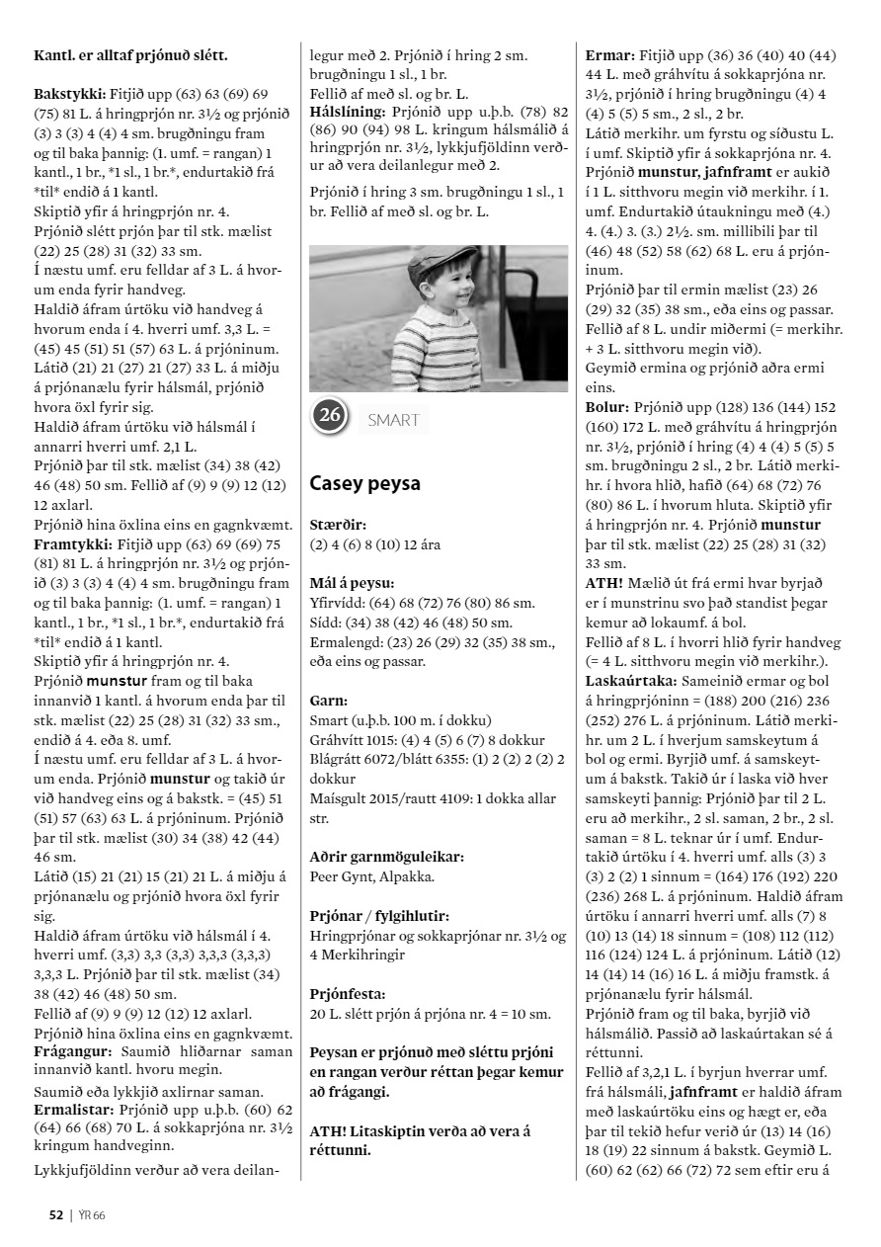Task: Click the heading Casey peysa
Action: coord(364,484)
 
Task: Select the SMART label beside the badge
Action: coord(393,420)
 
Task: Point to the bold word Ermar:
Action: coord(609,55)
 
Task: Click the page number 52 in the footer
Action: coord(57,1214)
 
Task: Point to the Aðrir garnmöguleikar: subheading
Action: coord(386,857)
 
